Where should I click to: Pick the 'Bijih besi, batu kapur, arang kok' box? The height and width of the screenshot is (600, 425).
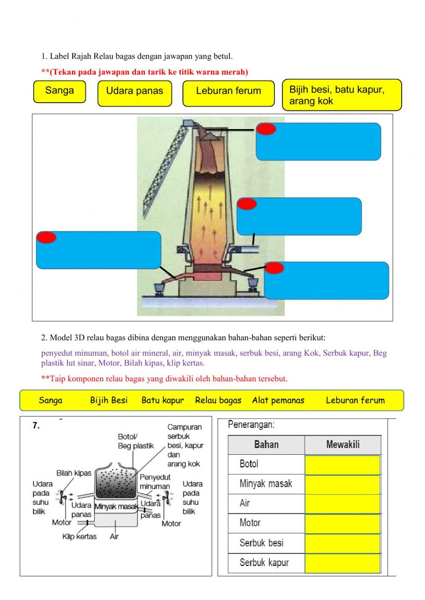(342, 95)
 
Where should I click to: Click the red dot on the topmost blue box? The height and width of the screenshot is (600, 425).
(266, 129)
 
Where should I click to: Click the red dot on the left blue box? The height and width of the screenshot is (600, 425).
(46, 237)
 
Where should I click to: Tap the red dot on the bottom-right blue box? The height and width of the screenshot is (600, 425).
(274, 268)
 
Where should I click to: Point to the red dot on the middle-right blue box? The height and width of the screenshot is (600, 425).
(247, 204)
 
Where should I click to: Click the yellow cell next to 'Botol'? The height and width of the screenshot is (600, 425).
(342, 465)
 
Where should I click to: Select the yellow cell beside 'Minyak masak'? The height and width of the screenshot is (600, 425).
(342, 484)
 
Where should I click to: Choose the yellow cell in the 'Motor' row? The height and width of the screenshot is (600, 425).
(342, 524)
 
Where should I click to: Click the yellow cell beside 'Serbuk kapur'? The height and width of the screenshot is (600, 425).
(342, 563)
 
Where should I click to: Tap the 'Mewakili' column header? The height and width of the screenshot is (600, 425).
(343, 445)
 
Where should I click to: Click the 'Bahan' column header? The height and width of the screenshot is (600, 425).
(266, 445)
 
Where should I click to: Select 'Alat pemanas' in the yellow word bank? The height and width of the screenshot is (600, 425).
(278, 400)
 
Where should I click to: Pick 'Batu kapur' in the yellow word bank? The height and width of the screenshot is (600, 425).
(162, 400)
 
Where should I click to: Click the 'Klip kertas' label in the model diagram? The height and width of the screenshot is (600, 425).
(79, 537)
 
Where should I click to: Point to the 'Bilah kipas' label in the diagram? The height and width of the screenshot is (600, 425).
(74, 473)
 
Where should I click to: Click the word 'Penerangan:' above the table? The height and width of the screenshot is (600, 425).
(251, 424)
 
